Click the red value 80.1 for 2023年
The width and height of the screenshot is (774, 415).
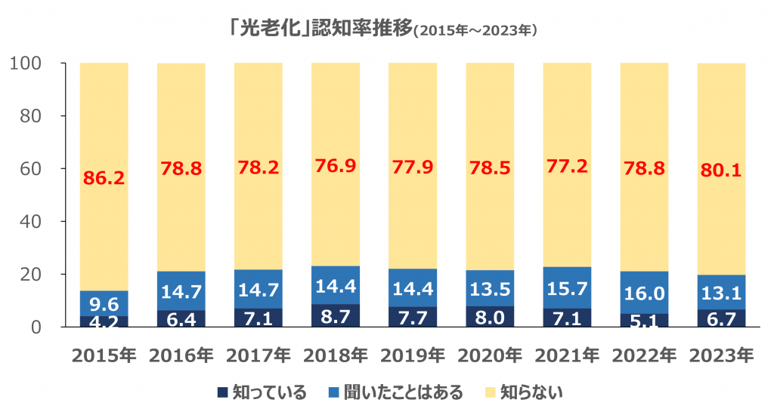tap(721, 171)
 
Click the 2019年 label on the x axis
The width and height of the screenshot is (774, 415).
tap(413, 355)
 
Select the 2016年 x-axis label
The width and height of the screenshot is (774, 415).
tap(181, 355)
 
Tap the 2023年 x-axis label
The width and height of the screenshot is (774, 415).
tap(721, 355)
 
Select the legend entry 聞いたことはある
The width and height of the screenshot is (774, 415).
tap(398, 392)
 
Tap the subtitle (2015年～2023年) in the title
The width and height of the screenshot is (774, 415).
tap(475, 31)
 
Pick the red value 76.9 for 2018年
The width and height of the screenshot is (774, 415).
tap(335, 168)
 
